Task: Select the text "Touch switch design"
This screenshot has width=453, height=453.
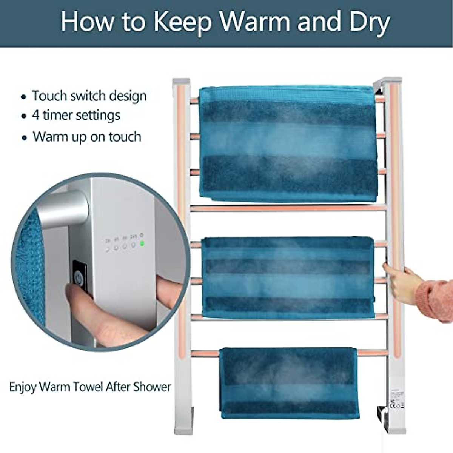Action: [89, 96]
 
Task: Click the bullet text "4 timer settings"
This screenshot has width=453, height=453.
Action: [76, 115]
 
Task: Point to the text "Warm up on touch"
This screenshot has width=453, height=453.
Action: [87, 136]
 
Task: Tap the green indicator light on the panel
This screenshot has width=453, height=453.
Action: [142, 243]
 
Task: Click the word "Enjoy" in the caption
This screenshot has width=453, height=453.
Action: [23, 387]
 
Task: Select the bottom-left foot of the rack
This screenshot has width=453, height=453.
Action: [183, 427]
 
